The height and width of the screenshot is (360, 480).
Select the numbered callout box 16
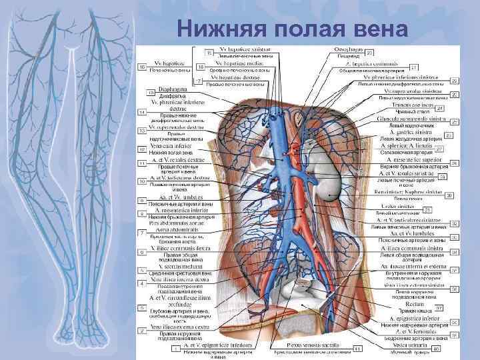pos(142,66)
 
